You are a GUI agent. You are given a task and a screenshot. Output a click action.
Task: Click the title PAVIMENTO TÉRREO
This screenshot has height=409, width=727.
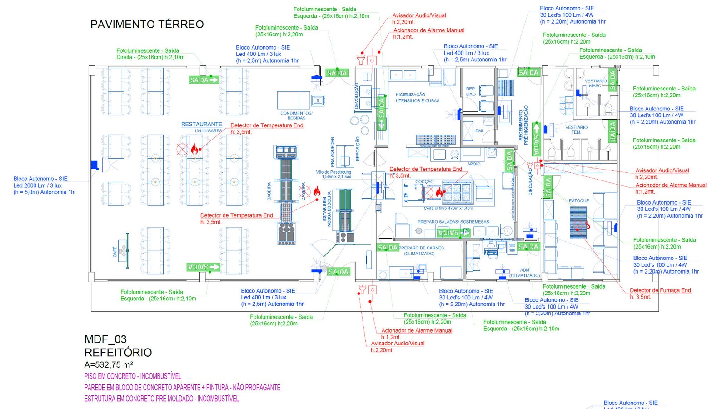(x=147, y=25)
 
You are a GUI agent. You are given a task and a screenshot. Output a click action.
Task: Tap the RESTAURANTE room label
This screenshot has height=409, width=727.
(x=201, y=124)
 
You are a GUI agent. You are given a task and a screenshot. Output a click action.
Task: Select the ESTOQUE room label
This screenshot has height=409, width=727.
(x=578, y=200)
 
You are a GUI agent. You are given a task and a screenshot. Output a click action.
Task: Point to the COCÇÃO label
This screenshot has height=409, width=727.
(x=424, y=182)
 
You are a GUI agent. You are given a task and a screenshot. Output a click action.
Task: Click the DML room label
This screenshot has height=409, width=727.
(x=479, y=131)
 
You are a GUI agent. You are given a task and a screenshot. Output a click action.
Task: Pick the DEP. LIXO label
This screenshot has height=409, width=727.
(x=471, y=91)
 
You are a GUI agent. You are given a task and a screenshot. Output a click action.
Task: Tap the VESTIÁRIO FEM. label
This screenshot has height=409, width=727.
(x=576, y=130)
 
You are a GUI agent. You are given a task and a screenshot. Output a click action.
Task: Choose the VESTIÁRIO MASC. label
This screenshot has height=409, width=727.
(x=595, y=83)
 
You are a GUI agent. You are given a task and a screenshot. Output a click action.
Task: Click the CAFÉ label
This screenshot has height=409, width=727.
(x=115, y=252)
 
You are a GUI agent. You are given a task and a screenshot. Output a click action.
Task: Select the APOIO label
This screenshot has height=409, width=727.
(x=473, y=164)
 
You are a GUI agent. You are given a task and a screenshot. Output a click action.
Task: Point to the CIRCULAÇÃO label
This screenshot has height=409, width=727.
(x=530, y=182)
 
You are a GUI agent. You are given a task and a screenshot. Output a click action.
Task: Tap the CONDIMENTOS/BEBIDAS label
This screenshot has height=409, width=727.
(x=296, y=115)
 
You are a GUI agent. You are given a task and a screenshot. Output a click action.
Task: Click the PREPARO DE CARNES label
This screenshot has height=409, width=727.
(x=421, y=250)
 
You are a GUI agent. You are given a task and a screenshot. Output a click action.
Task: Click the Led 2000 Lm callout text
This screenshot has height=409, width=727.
(x=37, y=185)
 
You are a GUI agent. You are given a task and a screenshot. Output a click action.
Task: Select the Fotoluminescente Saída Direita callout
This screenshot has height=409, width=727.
(x=150, y=54)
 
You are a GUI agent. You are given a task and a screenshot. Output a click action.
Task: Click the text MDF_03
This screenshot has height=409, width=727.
(x=105, y=339)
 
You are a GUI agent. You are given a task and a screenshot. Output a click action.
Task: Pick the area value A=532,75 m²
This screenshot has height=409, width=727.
(x=109, y=364)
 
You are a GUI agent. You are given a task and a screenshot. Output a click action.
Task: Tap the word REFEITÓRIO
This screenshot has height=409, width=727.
(x=118, y=352)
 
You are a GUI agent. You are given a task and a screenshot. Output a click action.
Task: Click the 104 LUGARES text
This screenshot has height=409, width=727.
(x=208, y=131)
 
